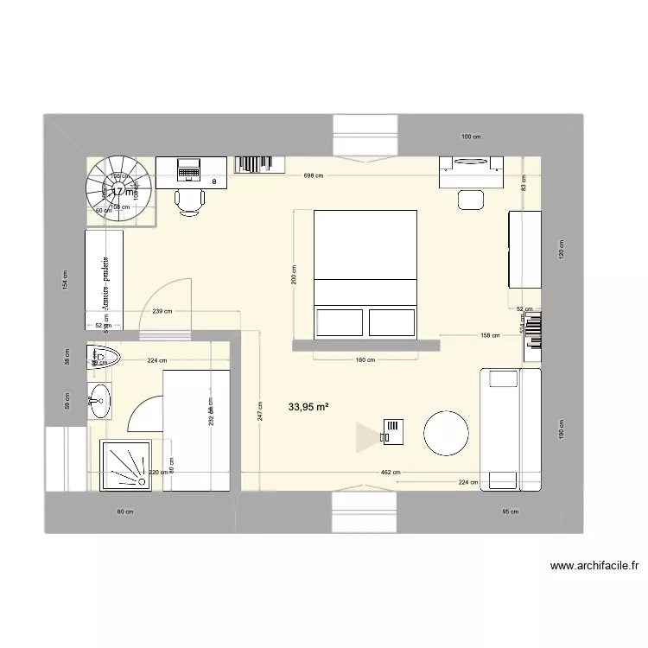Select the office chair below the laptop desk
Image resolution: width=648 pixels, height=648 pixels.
pyautogui.click(x=190, y=200)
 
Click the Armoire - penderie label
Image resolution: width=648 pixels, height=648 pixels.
pyautogui.click(x=105, y=282)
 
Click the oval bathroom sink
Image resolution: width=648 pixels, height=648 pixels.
pyautogui.click(x=99, y=398)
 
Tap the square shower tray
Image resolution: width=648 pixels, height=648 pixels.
pyautogui.click(x=129, y=465)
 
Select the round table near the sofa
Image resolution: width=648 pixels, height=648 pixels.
pyautogui.click(x=447, y=432)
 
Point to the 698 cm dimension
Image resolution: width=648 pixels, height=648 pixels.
pyautogui.click(x=314, y=175)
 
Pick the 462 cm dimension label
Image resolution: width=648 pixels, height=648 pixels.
pyautogui.click(x=391, y=473)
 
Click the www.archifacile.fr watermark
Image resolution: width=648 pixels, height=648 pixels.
pyautogui.click(x=594, y=567)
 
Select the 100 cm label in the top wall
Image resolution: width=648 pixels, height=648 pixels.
pyautogui.click(x=471, y=137)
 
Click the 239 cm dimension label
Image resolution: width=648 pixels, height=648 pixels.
pyautogui.click(x=162, y=312)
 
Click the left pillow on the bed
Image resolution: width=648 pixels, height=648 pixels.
pyautogui.click(x=339, y=322)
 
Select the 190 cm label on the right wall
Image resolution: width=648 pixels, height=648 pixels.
pyautogui.click(x=561, y=429)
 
